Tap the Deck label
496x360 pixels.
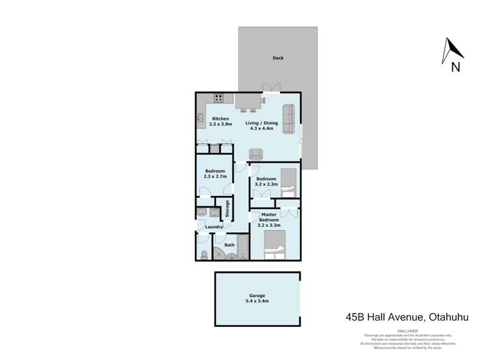pyautogui.click(x=277, y=58)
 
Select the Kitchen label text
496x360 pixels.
pyautogui.click(x=220, y=119)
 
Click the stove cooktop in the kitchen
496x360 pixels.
pyautogui.click(x=219, y=99)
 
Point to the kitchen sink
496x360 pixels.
pyautogui.click(x=199, y=118)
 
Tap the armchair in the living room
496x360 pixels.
pyautogui.click(x=256, y=154)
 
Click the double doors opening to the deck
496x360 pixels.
pyautogui.click(x=271, y=88)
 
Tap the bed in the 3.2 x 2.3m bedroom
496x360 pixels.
pyautogui.click(x=288, y=183)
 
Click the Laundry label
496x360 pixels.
pyautogui.click(x=213, y=227)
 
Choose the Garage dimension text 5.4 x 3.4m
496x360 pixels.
pyautogui.click(x=257, y=301)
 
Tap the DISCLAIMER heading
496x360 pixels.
pyautogui.click(x=407, y=330)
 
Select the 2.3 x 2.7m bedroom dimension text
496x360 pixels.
pyautogui.click(x=215, y=177)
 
